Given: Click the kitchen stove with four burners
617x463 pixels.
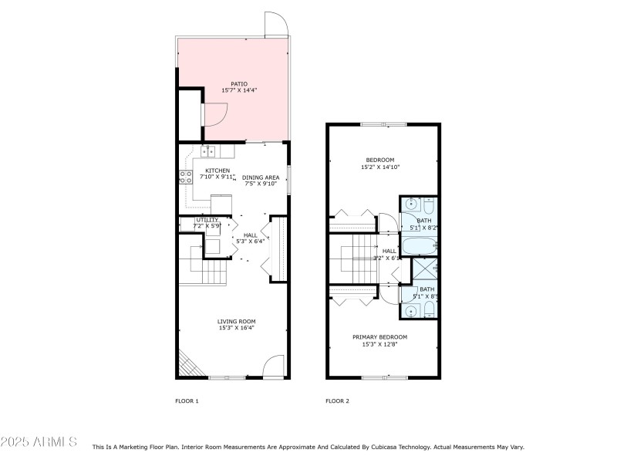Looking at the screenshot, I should point(186,177).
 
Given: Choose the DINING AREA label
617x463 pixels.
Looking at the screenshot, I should point(260,177).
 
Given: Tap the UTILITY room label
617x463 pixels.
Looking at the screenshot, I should point(207,220).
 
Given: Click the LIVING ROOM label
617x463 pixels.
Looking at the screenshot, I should point(236,321).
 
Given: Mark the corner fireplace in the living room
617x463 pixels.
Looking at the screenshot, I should point(187,362).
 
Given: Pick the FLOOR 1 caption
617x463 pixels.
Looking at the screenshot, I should point(187,401).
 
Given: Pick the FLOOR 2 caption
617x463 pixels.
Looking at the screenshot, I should point(337,401).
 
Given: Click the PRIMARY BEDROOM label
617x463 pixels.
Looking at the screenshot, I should point(379,337).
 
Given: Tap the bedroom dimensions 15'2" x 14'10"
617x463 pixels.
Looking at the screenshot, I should point(380,167).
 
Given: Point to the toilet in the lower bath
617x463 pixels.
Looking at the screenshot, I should point(430,309).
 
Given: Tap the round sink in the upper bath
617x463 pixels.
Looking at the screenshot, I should point(412,205).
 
